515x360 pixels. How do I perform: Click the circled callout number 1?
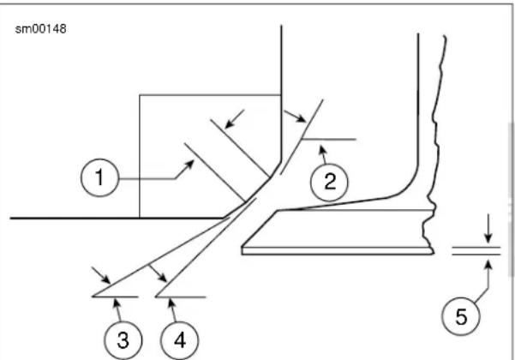coord(99,177)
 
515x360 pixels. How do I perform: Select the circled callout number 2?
coord(329,182)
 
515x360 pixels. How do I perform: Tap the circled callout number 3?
coord(123,340)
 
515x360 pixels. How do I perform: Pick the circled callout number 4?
coord(179,340)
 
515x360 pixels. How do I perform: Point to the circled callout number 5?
coord(461,316)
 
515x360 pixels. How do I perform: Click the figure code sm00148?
coord(41,29)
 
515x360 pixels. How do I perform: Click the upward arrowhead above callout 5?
coord(488,263)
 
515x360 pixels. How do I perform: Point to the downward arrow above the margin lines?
coord(488,229)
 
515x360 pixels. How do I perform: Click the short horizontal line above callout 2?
coord(329,139)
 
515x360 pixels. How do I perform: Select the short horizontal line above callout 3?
coord(115,297)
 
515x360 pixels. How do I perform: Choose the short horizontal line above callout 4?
coord(181,297)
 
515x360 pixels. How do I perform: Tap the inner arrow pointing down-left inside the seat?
coord(235,118)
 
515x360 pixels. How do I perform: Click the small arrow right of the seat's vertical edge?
coord(295,117)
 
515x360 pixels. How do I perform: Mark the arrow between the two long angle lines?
coord(158,273)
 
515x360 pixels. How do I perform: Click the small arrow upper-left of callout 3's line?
coord(101,275)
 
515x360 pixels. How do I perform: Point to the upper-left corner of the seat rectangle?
coord(140,95)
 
